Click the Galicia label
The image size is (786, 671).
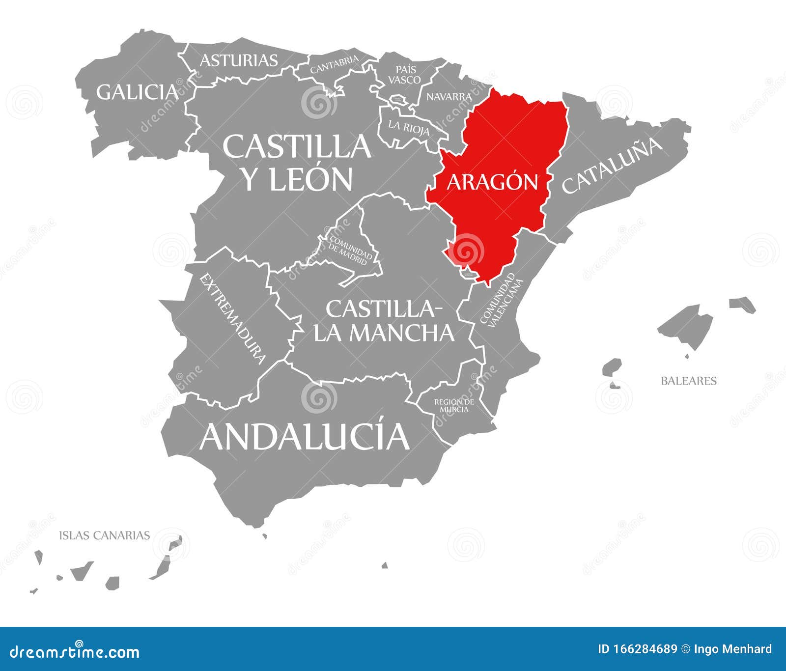137,92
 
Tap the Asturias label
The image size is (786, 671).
239,60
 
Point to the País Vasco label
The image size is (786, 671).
404,75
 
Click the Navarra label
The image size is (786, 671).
449,97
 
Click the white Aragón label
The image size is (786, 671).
492,182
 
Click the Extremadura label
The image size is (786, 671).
233,319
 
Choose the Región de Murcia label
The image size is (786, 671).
454,405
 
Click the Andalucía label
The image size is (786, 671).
304,436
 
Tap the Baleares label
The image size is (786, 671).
688,381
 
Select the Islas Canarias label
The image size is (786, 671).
104,535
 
